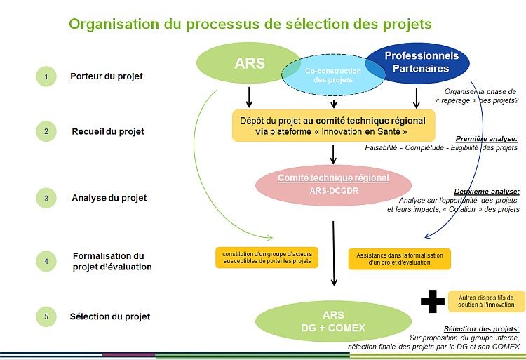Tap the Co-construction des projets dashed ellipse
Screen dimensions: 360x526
(x=333, y=76)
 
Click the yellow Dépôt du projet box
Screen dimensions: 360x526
(x=333, y=125)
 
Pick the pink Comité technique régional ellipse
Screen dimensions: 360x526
(x=333, y=183)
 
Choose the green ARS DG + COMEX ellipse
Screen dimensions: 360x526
(x=333, y=321)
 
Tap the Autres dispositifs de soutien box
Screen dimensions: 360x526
(x=486, y=300)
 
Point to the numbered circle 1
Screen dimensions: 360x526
(x=46, y=76)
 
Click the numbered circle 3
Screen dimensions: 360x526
(x=46, y=199)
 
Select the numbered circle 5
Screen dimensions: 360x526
(x=46, y=317)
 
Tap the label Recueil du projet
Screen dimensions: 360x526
(x=107, y=131)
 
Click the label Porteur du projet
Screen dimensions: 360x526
(x=106, y=76)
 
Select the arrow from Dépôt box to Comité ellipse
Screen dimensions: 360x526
(x=334, y=152)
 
